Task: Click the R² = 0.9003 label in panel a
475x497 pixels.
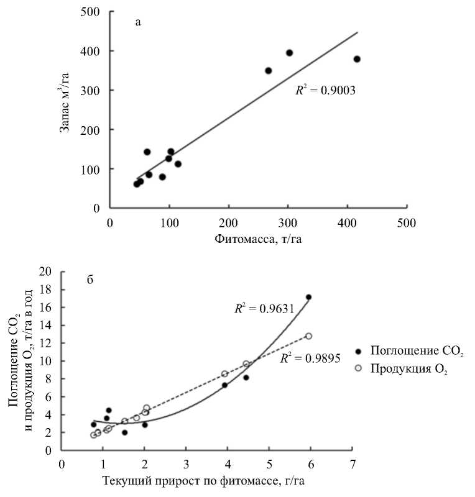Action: [x=325, y=90]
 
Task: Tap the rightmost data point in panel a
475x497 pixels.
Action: [x=357, y=59]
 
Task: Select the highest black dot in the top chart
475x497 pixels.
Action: [x=289, y=53]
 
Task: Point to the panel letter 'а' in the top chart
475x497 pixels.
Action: [x=138, y=23]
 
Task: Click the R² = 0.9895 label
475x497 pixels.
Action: [x=310, y=358]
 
